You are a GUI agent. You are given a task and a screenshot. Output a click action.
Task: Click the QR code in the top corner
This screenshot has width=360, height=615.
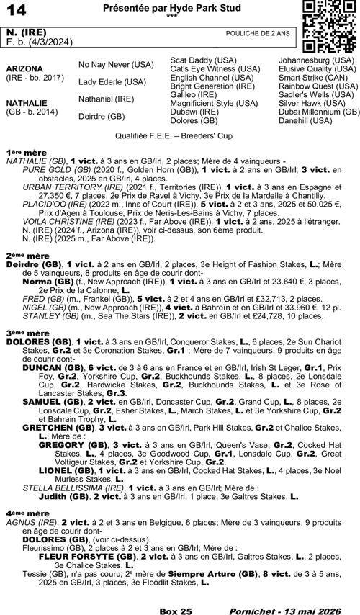[x=328, y=26]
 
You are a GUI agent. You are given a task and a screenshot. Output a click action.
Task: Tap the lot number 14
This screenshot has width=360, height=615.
[x=16, y=9]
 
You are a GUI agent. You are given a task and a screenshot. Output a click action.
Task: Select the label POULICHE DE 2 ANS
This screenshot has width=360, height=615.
[x=258, y=33]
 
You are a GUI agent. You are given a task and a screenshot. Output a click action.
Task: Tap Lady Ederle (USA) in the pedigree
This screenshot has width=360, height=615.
[x=112, y=81]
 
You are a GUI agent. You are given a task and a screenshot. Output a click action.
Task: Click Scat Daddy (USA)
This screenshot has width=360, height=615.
[x=202, y=60]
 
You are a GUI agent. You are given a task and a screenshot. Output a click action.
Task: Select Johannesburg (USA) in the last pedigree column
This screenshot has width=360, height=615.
[x=316, y=60]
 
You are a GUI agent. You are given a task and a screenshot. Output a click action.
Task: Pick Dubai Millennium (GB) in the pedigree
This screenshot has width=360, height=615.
[x=319, y=112]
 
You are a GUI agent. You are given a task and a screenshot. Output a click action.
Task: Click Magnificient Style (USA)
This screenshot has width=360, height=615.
[x=212, y=103]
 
